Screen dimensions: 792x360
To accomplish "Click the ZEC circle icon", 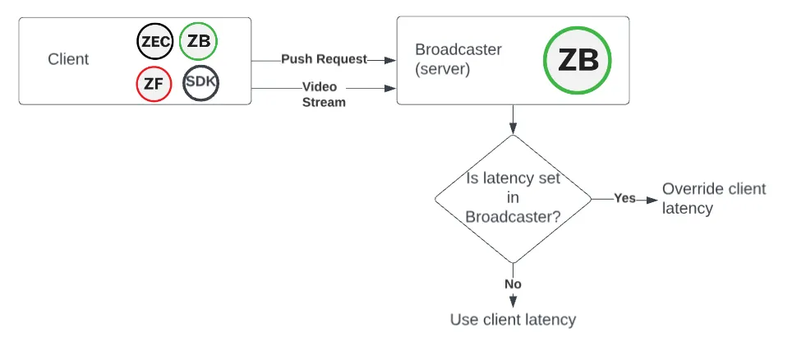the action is pyautogui.click(x=155, y=41).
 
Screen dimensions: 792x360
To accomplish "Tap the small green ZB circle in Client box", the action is pyautogui.click(x=199, y=41).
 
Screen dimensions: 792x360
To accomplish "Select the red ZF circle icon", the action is pyautogui.click(x=154, y=84).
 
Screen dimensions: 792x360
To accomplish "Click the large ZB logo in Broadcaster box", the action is pyautogui.click(x=578, y=60).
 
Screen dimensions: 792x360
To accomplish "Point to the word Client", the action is pyautogui.click(x=68, y=59).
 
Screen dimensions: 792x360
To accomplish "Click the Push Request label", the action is pyautogui.click(x=324, y=59).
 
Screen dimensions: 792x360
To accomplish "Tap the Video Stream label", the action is pyautogui.click(x=324, y=95).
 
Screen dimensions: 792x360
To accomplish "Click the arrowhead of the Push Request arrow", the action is pyautogui.click(x=390, y=60).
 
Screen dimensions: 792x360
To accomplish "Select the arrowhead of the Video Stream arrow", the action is pyautogui.click(x=390, y=89).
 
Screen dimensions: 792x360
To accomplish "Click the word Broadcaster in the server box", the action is pyautogui.click(x=458, y=49).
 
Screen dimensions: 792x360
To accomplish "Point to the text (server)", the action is pyautogui.click(x=443, y=69).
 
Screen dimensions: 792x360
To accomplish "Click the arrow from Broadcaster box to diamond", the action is pyautogui.click(x=513, y=120).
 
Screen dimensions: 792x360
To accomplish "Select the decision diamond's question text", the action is pyautogui.click(x=513, y=197).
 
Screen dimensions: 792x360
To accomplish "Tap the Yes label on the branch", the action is pyautogui.click(x=625, y=198).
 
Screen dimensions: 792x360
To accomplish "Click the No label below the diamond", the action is pyautogui.click(x=513, y=284).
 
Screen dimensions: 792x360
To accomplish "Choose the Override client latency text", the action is pyautogui.click(x=714, y=198).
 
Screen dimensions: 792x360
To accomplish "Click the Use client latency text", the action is pyautogui.click(x=513, y=320).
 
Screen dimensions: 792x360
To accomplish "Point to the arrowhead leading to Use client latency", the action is pyautogui.click(x=513, y=302).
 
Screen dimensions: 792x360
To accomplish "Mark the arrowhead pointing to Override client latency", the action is pyautogui.click(x=652, y=200).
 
